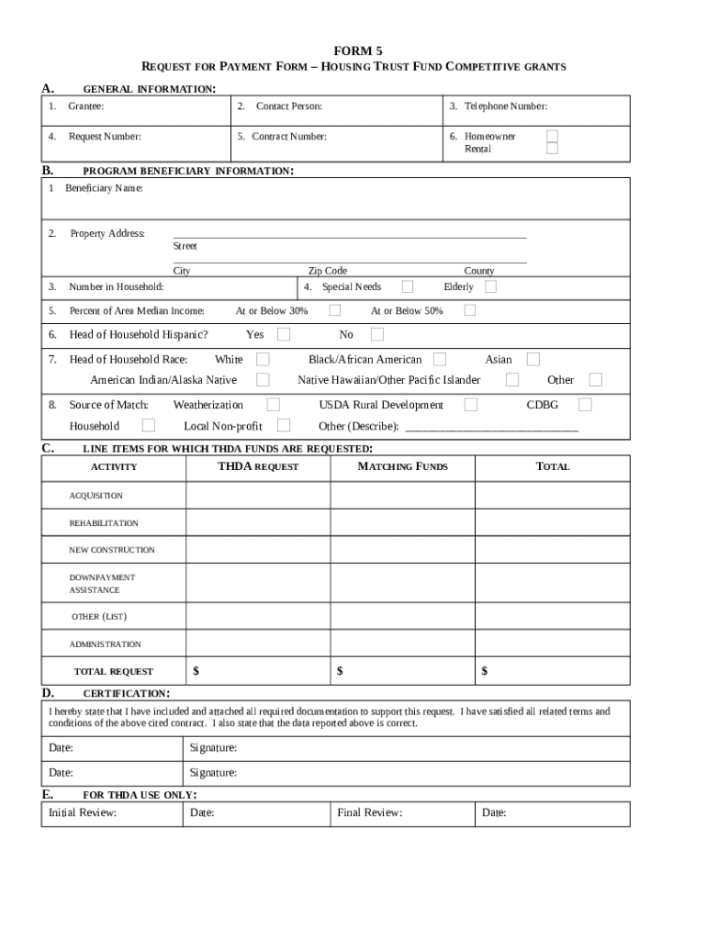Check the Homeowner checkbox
tap(552, 136)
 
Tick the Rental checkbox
tap(552, 149)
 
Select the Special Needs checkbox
tap(407, 286)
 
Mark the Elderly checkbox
tap(490, 286)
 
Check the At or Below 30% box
tap(335, 310)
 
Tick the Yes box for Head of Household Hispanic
tap(284, 334)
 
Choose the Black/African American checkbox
tap(440, 359)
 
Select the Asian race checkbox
tap(533, 359)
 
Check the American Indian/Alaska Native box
tap(263, 379)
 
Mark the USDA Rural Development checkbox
tap(470, 404)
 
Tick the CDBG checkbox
tap(585, 404)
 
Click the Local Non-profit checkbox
tap(284, 425)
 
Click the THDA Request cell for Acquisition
tap(258, 496)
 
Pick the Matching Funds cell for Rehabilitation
tap(402, 523)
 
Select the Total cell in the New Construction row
tap(553, 550)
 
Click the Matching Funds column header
tap(402, 466)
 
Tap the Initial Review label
tap(83, 812)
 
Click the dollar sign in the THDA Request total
tap(196, 671)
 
